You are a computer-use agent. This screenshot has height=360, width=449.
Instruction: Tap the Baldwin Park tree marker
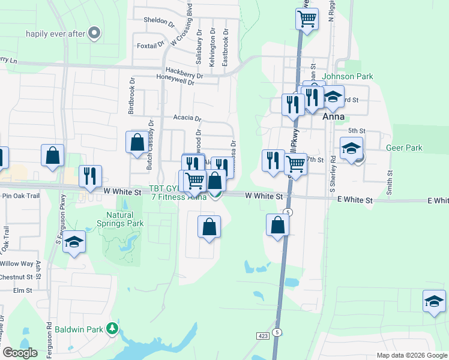pos(112,328)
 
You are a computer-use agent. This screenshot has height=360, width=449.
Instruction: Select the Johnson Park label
pos(348,76)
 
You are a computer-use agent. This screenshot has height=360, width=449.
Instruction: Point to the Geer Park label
pos(404,148)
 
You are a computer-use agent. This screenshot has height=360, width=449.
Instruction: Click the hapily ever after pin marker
pos(94,34)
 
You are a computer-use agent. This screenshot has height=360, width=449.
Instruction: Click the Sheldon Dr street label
pos(159,20)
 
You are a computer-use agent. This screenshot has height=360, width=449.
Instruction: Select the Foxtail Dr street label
pos(151,45)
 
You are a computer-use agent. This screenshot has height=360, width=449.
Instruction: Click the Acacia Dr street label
pos(187,118)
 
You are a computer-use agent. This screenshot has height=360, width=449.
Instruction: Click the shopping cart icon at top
pos(307,19)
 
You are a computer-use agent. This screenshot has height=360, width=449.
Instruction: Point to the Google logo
pos(20,353)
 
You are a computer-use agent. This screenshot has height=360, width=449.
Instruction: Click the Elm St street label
pos(22,290)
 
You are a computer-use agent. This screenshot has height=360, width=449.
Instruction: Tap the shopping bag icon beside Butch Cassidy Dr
pos(137,142)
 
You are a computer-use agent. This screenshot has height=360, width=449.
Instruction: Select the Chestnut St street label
pos(16,277)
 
